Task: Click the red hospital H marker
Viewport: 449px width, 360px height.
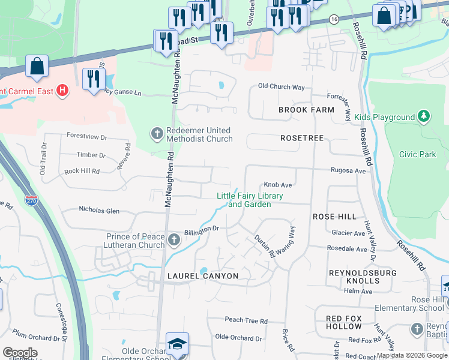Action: click(x=62, y=91)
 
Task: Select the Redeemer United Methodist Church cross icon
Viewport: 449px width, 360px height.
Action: click(x=157, y=133)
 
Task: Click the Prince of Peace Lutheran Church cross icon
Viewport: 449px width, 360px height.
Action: click(x=174, y=241)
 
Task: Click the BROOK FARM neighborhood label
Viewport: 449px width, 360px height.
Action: click(x=306, y=110)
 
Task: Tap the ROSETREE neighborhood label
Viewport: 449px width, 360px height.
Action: click(x=302, y=138)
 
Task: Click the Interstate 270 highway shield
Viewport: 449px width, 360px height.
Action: click(x=31, y=199)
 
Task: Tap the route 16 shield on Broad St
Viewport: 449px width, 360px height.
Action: click(x=333, y=19)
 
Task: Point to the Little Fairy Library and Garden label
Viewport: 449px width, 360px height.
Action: click(x=250, y=200)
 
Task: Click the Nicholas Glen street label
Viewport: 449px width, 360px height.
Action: click(x=99, y=211)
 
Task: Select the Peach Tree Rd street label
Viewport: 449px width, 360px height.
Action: click(x=246, y=321)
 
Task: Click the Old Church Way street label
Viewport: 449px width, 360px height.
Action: click(x=281, y=86)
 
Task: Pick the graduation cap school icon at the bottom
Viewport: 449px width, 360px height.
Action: click(x=177, y=343)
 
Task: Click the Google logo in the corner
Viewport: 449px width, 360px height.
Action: click(x=20, y=353)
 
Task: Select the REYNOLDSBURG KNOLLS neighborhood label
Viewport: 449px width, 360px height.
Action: click(x=354, y=277)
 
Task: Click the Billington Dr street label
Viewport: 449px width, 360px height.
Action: click(x=201, y=229)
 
